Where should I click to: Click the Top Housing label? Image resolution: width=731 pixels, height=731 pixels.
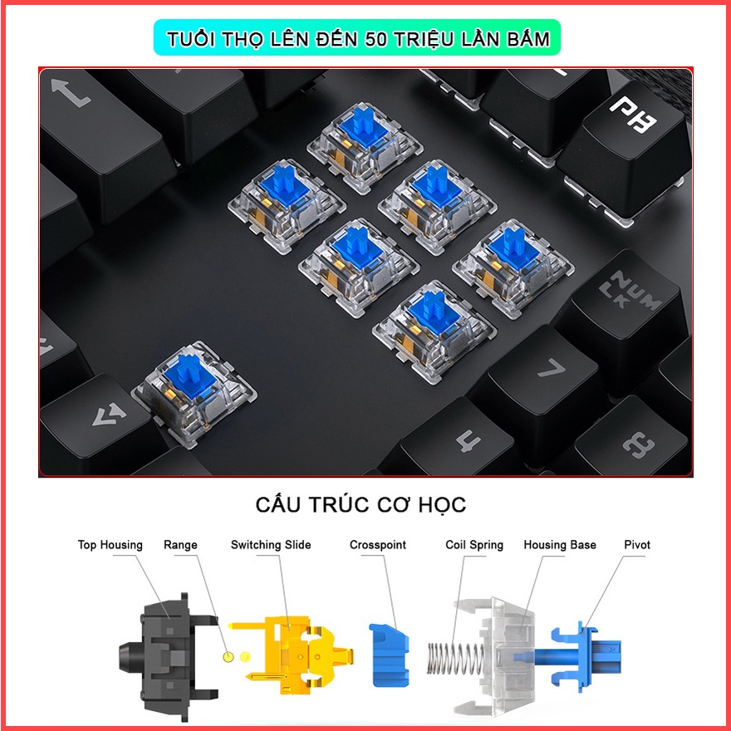coord(110,545)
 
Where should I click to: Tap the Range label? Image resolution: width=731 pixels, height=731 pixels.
coord(180,545)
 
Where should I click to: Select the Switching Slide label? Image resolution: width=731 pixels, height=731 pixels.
coord(271,545)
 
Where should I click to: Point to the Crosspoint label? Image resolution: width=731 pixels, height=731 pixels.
coord(378,545)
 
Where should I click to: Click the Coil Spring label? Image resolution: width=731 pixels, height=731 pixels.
coord(474,545)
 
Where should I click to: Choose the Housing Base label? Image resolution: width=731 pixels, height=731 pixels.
coord(560,545)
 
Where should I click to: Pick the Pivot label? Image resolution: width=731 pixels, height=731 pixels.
coord(637,545)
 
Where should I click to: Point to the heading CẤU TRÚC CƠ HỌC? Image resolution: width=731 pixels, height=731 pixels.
coord(361,504)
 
